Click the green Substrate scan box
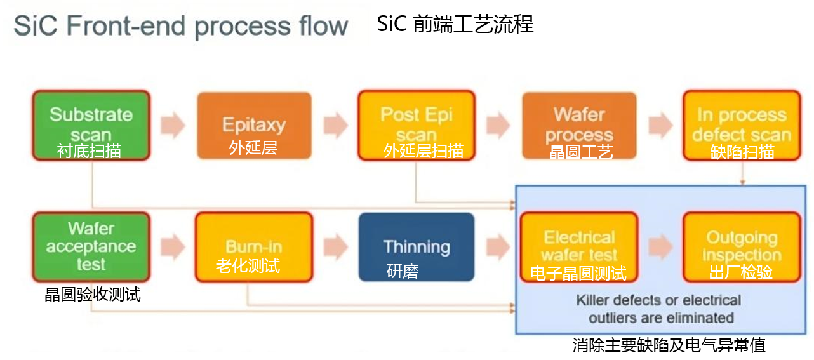(x=91, y=125)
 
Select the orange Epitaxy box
(x=254, y=125)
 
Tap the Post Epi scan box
(x=417, y=125)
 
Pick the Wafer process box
(x=579, y=125)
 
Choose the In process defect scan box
(x=742, y=125)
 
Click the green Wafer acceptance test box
(x=91, y=246)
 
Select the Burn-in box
(x=254, y=246)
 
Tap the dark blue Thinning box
(x=417, y=246)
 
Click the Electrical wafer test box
(x=579, y=246)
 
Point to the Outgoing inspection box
(x=742, y=246)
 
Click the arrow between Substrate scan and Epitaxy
(x=173, y=125)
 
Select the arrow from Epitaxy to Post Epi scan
(x=335, y=125)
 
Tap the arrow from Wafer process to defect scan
(x=660, y=125)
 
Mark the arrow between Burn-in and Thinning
(x=335, y=246)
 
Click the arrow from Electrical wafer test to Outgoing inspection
(x=660, y=246)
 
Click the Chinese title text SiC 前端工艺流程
(x=455, y=24)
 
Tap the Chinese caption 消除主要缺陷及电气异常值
(x=669, y=345)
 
